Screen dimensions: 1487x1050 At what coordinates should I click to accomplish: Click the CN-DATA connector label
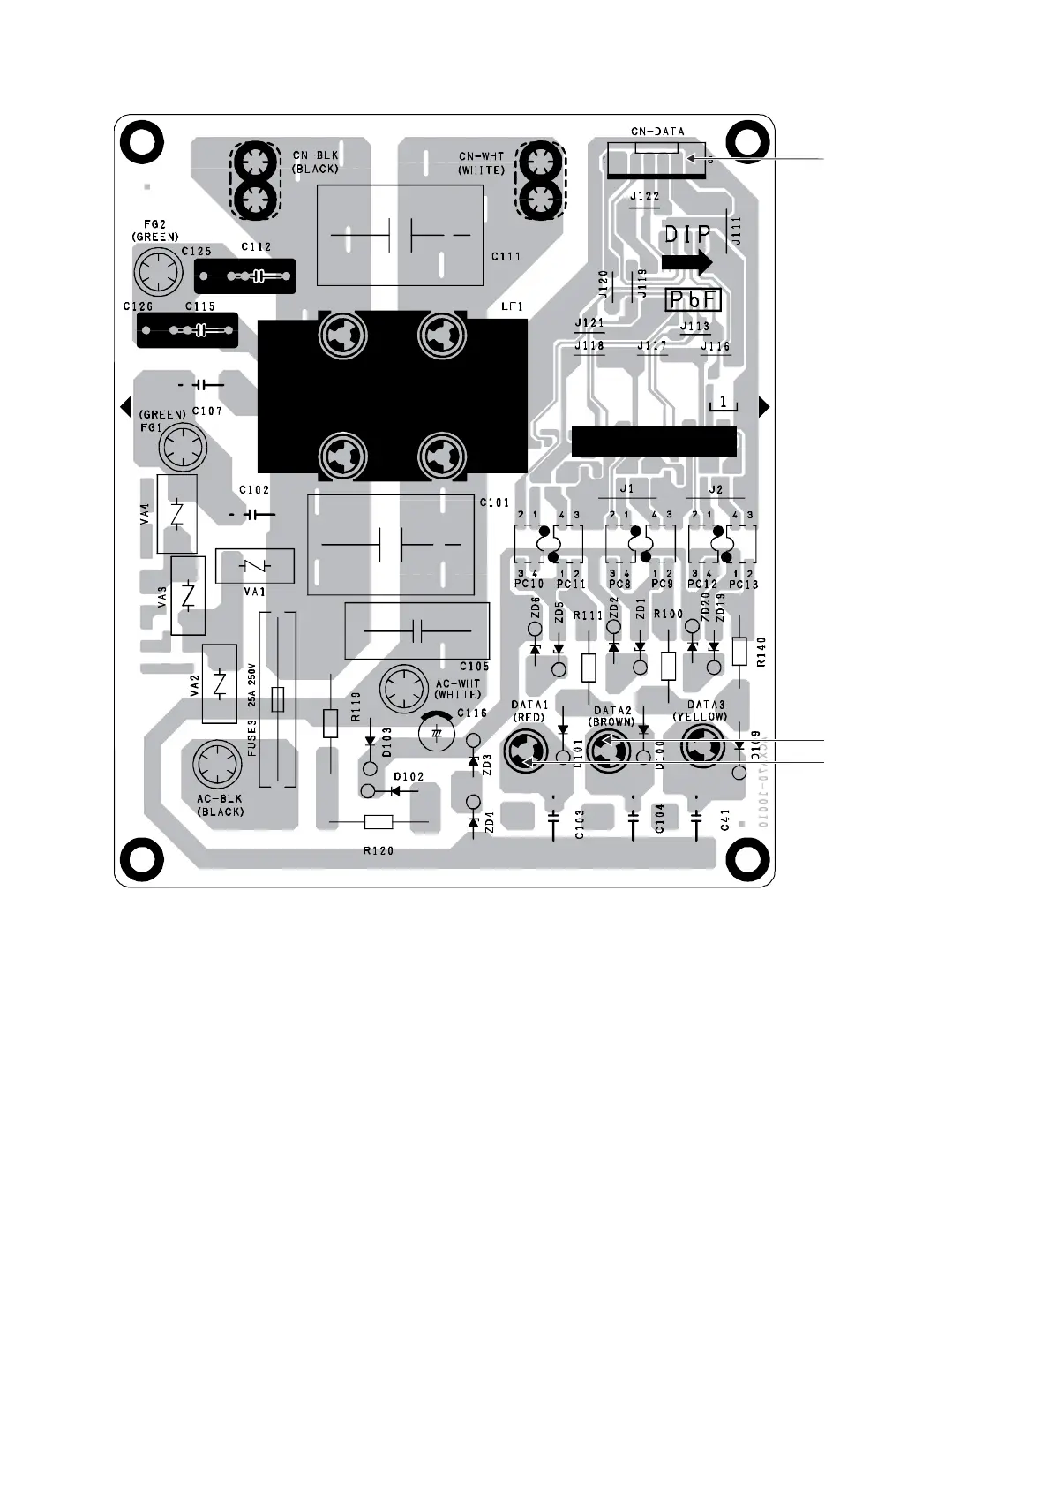coord(657,132)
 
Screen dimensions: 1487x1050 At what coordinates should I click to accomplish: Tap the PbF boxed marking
coord(693,300)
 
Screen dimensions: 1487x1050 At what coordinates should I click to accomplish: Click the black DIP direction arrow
coord(686,261)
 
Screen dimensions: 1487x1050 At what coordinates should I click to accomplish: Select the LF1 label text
coord(513,306)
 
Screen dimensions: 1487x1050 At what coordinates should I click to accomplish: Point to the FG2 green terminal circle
coord(158,270)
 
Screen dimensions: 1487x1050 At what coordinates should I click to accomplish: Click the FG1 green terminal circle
coord(182,448)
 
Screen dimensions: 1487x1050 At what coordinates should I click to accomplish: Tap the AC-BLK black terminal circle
coord(216,766)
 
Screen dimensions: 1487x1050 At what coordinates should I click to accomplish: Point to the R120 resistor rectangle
coord(379,823)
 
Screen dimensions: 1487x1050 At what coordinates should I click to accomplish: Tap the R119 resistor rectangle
coord(331,723)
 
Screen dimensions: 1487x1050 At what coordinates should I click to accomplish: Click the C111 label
coord(506,257)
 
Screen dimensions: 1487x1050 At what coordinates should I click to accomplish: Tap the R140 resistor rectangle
coord(739,652)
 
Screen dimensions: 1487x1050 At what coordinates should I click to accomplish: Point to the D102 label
coord(409,777)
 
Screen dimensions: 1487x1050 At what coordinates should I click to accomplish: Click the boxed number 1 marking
coord(724,403)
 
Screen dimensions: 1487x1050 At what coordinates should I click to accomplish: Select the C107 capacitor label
coord(207,411)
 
